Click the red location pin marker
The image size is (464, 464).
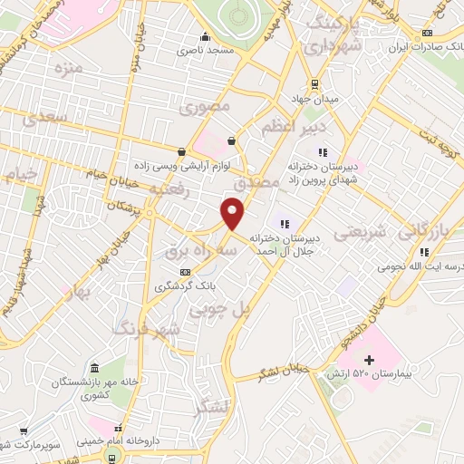pos(234,214)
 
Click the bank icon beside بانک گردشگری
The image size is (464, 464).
pos(186,271)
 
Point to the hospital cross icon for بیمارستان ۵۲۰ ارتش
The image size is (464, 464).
pos(368,360)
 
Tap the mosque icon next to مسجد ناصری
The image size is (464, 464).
pos(205,37)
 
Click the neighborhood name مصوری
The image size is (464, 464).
pos(204,108)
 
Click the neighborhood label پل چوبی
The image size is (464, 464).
pos(217,310)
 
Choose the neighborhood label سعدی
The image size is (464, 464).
pos(47,118)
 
